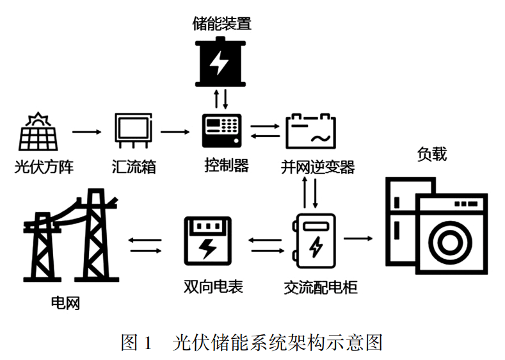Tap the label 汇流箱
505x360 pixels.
(x=134, y=168)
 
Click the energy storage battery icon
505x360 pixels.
(x=220, y=62)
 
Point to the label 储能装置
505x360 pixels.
(x=221, y=24)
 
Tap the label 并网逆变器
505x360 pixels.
(x=317, y=168)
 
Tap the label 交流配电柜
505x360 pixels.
(x=320, y=286)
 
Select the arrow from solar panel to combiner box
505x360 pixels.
(x=86, y=133)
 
